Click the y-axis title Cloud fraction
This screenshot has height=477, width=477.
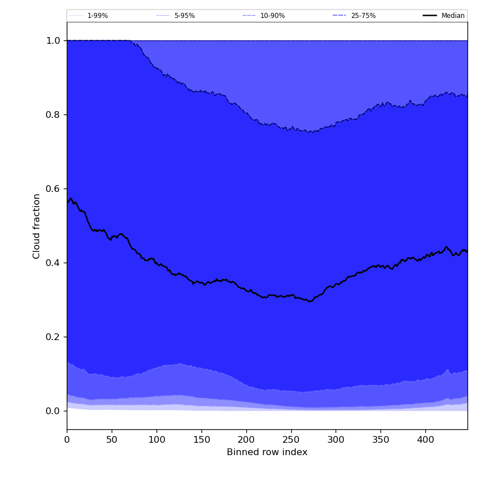37,226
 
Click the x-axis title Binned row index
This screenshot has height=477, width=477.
267,452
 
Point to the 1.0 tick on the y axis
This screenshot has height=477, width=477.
53,40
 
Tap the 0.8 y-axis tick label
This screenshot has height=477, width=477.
53,114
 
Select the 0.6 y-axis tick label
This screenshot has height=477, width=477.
53,189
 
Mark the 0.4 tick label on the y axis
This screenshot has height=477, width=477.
53,263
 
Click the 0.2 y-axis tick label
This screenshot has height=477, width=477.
53,337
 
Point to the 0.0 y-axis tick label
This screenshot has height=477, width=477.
53,411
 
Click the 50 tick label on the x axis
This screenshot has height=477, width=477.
112,440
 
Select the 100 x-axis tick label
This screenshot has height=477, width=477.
157,440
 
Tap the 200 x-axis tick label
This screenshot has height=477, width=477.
246,440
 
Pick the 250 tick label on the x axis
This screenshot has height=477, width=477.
291,440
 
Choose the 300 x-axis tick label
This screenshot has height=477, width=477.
336,440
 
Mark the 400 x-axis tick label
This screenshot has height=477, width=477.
425,440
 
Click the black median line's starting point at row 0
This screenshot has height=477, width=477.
67,203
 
